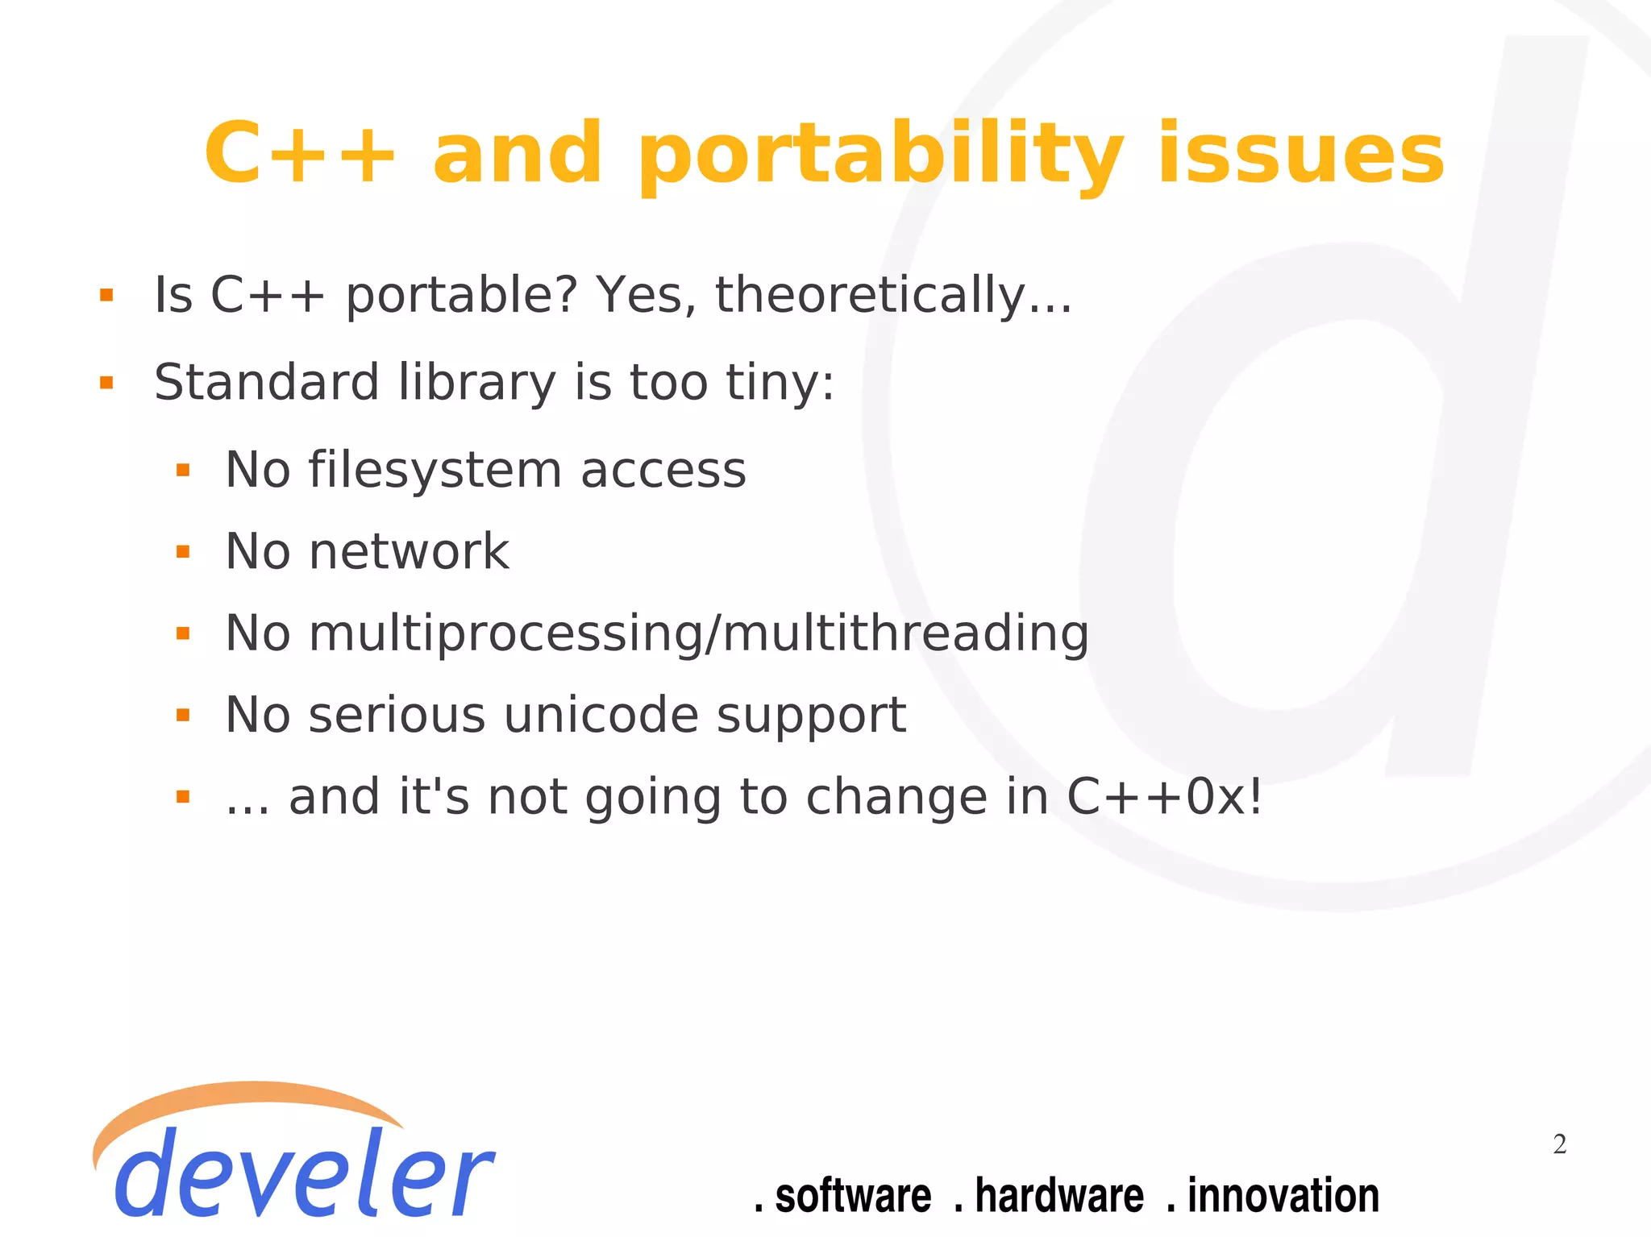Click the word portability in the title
[x=881, y=155]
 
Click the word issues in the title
[x=1300, y=155]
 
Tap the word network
[x=409, y=552]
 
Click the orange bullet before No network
[x=183, y=553]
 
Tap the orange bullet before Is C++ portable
[x=106, y=296]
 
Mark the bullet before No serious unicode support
[x=183, y=716]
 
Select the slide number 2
[x=1559, y=1144]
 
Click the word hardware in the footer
[x=1058, y=1196]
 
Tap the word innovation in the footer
[x=1283, y=1196]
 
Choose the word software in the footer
[x=852, y=1196]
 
